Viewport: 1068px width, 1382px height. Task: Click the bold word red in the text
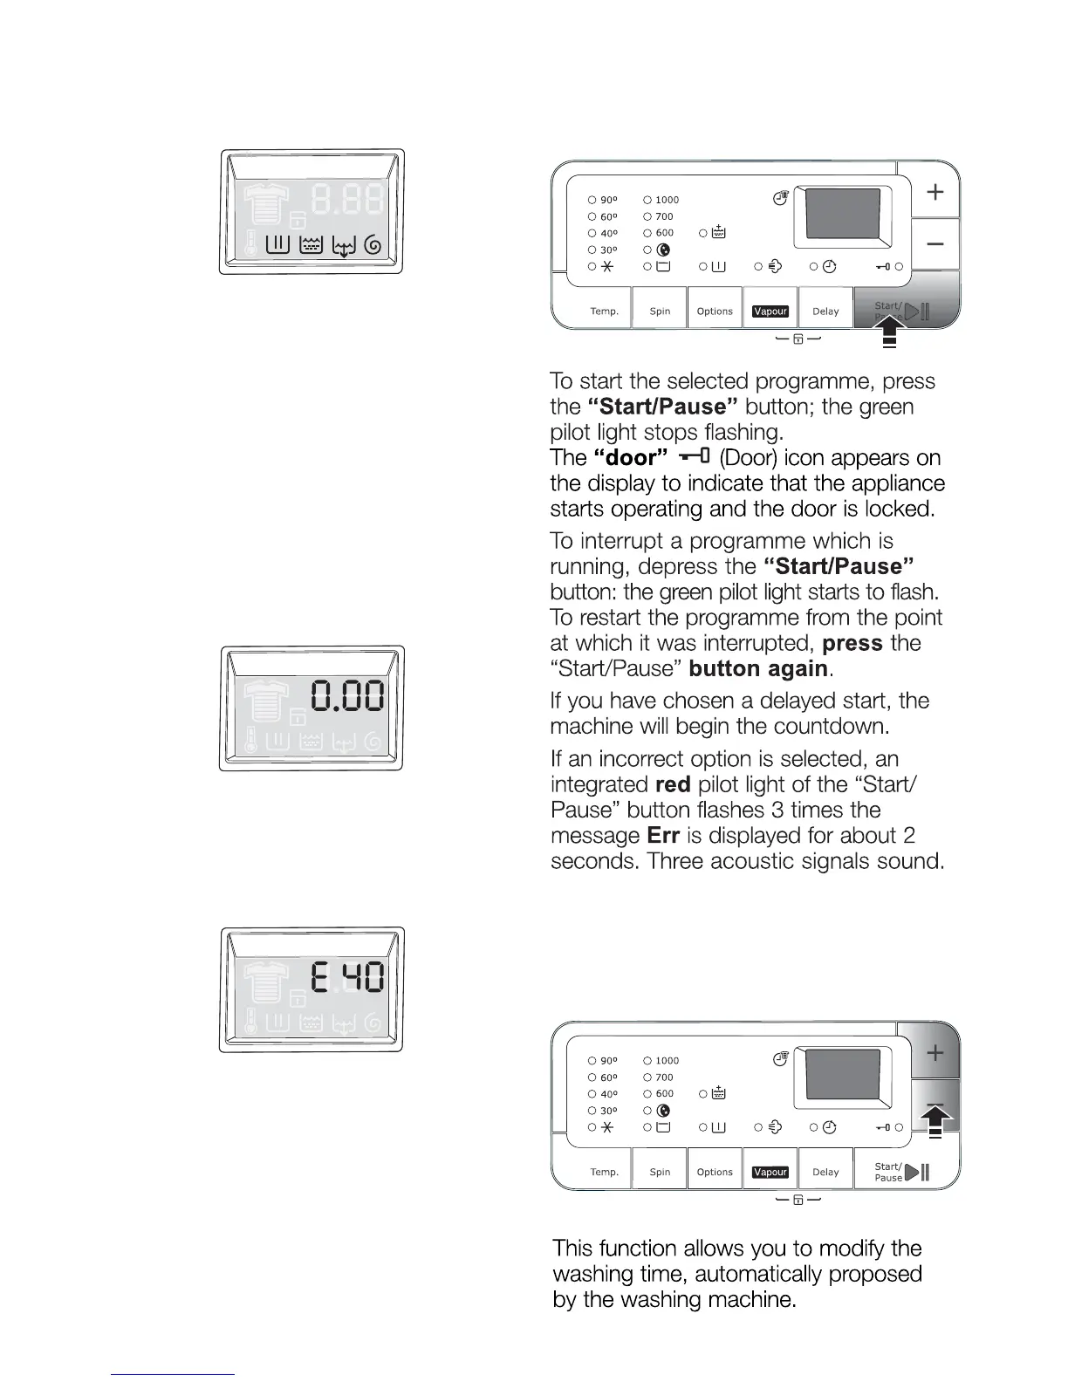[673, 784]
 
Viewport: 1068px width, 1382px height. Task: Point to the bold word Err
[663, 836]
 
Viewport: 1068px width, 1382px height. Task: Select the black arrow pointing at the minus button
[935, 1116]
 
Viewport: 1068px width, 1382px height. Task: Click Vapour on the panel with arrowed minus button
[770, 1173]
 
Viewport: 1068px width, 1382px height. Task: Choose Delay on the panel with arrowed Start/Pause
[825, 311]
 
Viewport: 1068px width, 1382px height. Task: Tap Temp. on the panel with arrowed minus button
[604, 1173]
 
